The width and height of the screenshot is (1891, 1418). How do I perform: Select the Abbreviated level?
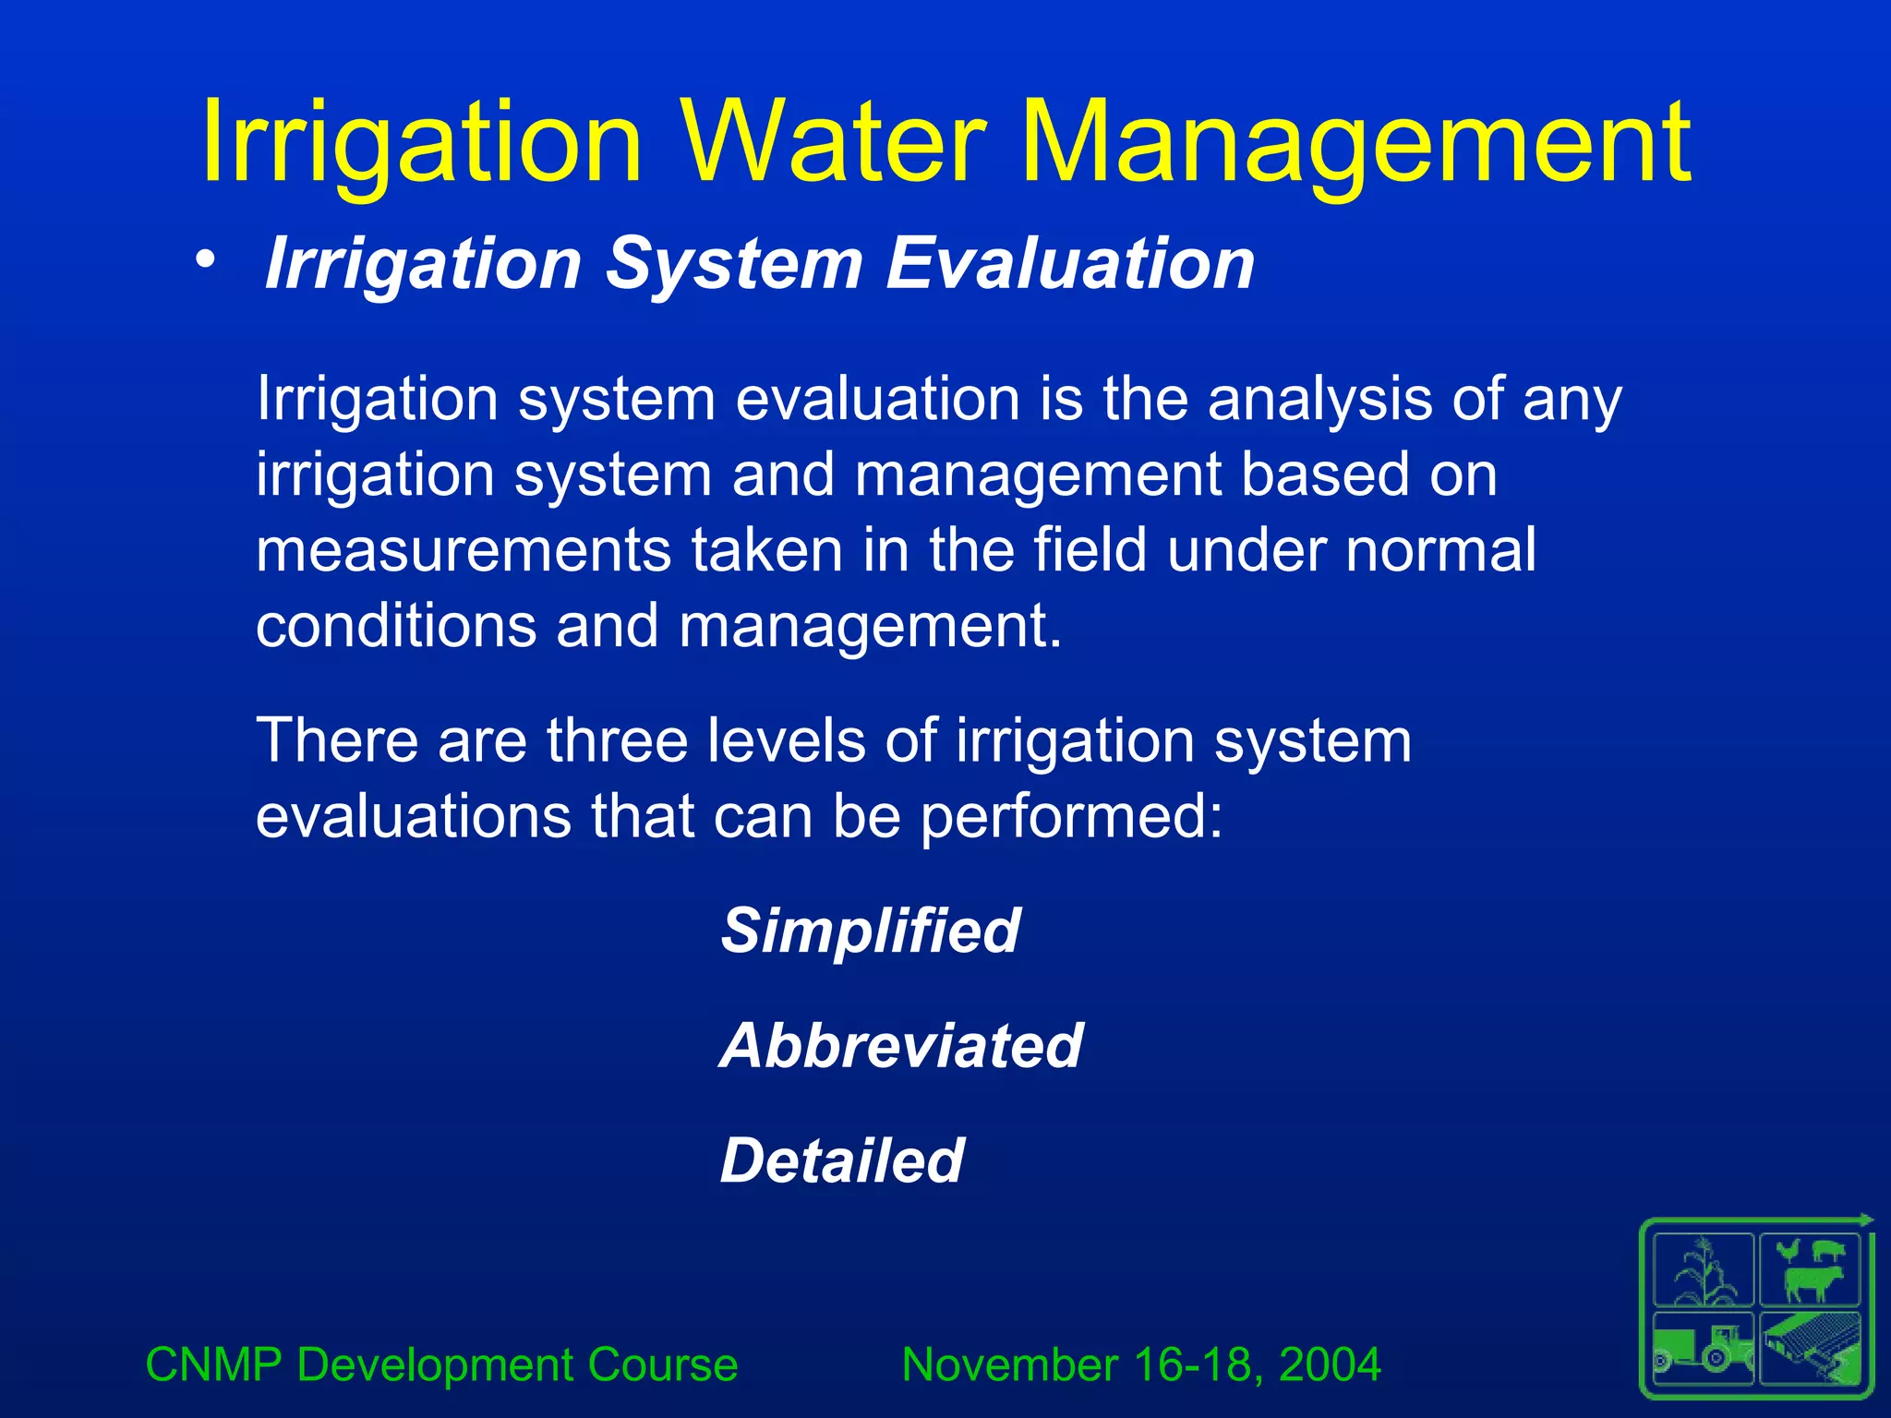click(900, 1046)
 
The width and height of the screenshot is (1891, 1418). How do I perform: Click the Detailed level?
click(841, 1160)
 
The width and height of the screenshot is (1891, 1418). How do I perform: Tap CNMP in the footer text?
click(213, 1364)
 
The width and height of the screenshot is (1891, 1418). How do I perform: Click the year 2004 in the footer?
click(1330, 1364)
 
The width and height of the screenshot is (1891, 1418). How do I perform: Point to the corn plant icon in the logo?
click(1704, 1271)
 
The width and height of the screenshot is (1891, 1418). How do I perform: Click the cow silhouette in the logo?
click(1812, 1283)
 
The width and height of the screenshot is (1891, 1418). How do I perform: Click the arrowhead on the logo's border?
click(1868, 1220)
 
